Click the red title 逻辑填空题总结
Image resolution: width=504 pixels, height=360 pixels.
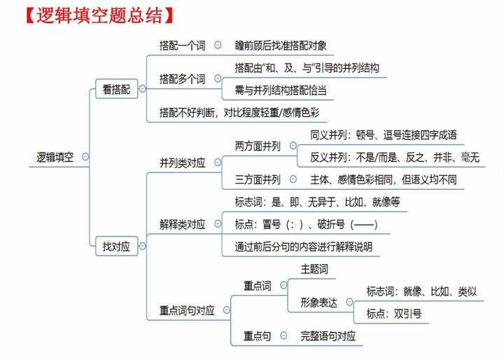[99, 15]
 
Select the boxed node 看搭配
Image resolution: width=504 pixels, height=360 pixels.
[116, 89]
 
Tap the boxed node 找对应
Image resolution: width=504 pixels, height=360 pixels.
[116, 246]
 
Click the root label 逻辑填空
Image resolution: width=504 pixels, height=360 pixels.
[55, 157]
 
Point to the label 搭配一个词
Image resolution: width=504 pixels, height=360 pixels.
[182, 46]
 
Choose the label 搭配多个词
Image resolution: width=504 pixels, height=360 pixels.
[182, 79]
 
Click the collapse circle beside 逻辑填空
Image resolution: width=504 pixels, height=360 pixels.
[85, 157]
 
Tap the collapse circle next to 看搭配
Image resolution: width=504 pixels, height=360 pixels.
[142, 89]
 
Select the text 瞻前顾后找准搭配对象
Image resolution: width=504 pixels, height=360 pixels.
[281, 46]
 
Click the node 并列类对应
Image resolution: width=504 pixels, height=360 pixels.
[182, 162]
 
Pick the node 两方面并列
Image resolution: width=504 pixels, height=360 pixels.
[258, 146]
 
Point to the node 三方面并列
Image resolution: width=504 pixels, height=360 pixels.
[258, 179]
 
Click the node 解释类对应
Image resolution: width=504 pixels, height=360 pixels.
[182, 224]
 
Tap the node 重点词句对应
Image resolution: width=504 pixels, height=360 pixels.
[187, 310]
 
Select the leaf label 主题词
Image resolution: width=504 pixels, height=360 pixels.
[314, 269]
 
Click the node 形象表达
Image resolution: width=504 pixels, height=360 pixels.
[319, 302]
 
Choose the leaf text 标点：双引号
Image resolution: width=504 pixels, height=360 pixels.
[394, 313]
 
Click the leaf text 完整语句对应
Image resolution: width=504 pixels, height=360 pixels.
[328, 335]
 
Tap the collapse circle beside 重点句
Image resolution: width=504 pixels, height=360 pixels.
[283, 335]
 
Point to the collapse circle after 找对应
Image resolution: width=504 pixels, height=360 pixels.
[142, 246]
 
